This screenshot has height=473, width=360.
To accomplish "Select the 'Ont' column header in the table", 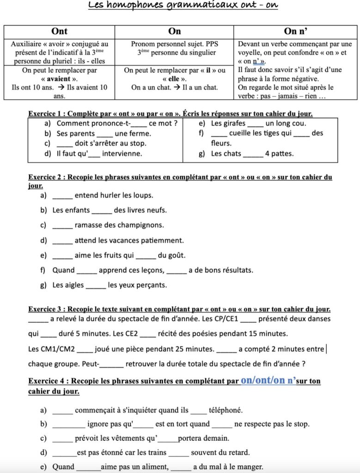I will click(60, 31).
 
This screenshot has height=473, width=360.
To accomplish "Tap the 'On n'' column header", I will click(296, 31).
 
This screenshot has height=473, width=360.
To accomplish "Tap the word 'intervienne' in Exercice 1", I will click(122, 153).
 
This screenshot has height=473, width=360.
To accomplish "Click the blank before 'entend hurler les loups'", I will click(62, 195).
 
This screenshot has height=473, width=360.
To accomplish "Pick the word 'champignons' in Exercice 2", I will click(141, 225).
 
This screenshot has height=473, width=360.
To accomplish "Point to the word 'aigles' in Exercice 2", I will click(74, 285).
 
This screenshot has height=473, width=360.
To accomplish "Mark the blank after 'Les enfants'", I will click(102, 210).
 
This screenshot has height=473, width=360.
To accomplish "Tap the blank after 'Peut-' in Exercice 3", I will click(111, 364).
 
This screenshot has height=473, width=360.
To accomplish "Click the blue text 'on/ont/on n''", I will click(268, 381).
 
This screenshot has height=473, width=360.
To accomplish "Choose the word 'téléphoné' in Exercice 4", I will click(226, 410).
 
